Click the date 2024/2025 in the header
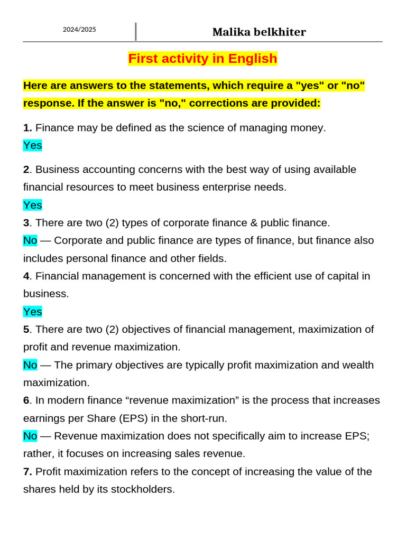[79, 30]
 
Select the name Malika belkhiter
[259, 32]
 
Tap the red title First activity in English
[202, 59]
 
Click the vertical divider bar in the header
[136, 32]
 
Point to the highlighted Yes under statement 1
[32, 145]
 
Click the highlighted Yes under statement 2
[32, 205]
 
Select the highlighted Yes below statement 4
[32, 312]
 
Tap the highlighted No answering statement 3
[30, 240]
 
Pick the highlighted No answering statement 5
[30, 365]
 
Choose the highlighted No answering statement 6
[30, 436]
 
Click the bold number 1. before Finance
[27, 128]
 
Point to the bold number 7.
[27, 472]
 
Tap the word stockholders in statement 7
[142, 490]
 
